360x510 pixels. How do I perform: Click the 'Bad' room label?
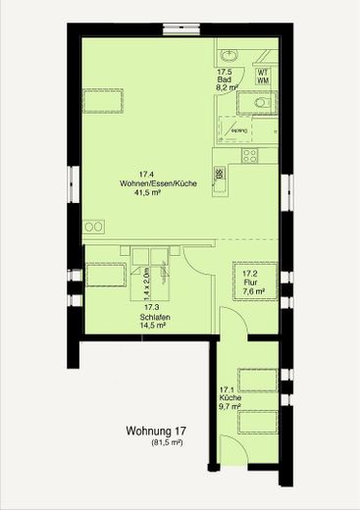pyautogui.click(x=224, y=81)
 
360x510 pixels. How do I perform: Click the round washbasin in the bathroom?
pyautogui.click(x=230, y=54)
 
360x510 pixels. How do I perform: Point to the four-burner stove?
pyautogui.click(x=250, y=154)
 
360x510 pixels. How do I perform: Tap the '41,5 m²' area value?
pyautogui.click(x=147, y=193)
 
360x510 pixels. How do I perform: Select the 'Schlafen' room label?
pyautogui.click(x=151, y=317)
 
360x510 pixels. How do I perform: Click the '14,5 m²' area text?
pyautogui.click(x=153, y=326)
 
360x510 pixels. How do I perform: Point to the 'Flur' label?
pyautogui.click(x=249, y=282)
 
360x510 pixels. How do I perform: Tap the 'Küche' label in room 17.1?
pyautogui.click(x=230, y=397)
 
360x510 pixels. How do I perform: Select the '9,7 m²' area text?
pyautogui.click(x=231, y=406)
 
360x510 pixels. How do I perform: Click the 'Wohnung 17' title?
pyautogui.click(x=156, y=431)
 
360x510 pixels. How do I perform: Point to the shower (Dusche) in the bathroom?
pyautogui.click(x=235, y=123)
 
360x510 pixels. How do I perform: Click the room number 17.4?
pyautogui.click(x=147, y=174)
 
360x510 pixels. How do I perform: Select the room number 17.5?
pyautogui.click(x=224, y=72)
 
